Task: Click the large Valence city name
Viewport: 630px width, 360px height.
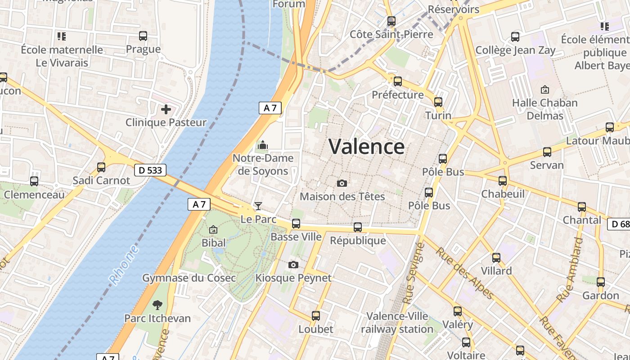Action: click(366, 147)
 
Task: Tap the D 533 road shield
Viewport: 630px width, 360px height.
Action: click(150, 170)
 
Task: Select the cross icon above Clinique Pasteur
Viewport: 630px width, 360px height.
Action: click(166, 109)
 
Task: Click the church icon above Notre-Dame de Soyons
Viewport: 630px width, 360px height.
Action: click(262, 145)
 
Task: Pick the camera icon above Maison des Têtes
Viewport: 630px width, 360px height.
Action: click(342, 183)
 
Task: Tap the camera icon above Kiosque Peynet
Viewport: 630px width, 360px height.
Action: click(293, 265)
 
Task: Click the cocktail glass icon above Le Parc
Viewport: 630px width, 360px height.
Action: click(258, 206)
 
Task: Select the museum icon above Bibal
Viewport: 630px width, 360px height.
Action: click(213, 230)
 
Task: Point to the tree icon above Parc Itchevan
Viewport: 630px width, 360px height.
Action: click(157, 305)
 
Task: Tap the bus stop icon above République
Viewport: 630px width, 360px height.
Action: click(358, 227)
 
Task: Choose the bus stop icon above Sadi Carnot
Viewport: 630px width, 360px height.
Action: click(101, 167)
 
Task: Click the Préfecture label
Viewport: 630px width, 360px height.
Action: click(397, 95)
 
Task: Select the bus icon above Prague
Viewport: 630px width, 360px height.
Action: click(143, 36)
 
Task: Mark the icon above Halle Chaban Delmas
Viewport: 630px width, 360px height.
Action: click(545, 90)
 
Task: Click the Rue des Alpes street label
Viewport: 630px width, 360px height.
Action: click(465, 273)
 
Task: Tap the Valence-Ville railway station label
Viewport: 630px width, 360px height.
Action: click(397, 323)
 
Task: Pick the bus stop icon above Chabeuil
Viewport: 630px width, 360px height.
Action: click(503, 181)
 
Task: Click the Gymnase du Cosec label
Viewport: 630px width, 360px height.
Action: click(189, 278)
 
